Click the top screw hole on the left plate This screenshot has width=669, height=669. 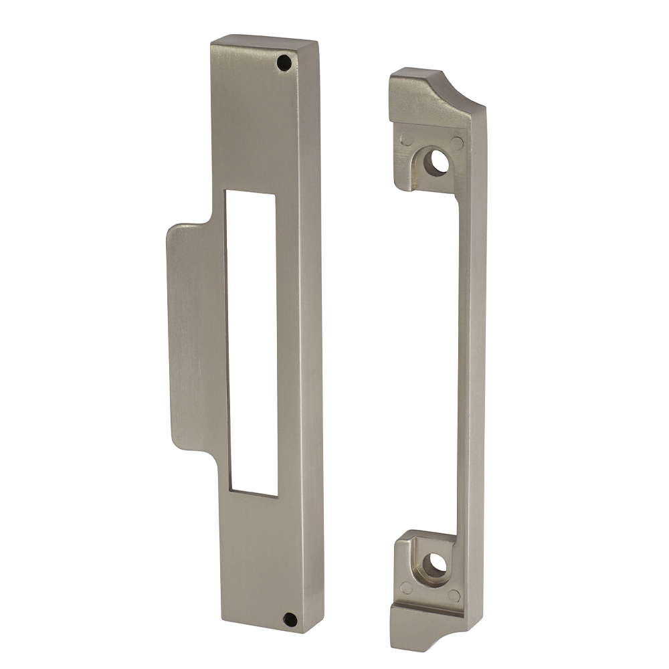click(284, 63)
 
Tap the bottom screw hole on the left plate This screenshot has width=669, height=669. click(290, 619)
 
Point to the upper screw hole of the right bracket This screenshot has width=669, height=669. click(438, 163)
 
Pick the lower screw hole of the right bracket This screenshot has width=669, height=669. click(436, 565)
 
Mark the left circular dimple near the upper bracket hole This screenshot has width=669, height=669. click(406, 140)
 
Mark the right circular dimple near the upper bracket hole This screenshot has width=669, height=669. click(457, 143)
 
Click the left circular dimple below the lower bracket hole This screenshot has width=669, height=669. click(406, 589)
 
